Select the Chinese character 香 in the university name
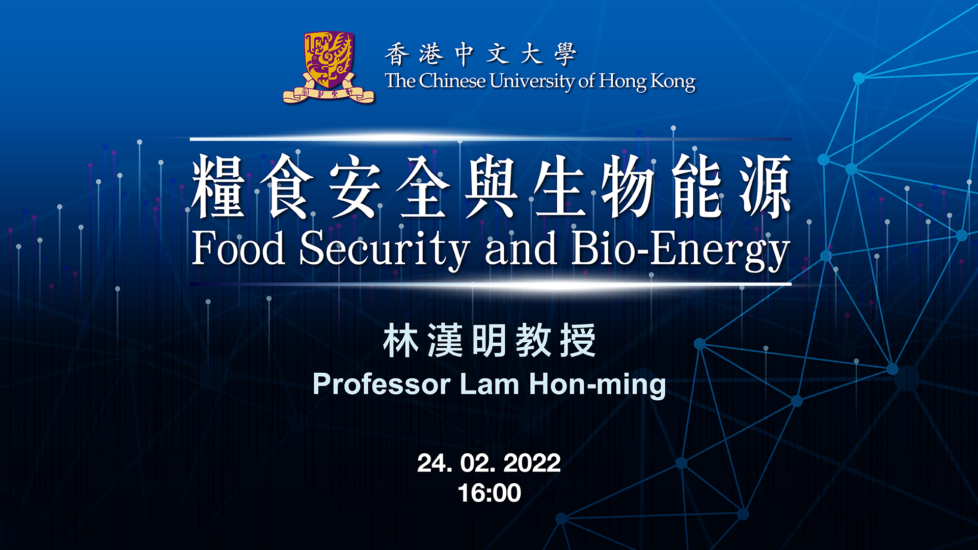coord(397,54)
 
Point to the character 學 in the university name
coord(565,54)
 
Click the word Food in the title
coord(238,248)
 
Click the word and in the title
coord(521,248)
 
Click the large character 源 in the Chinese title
coord(766,186)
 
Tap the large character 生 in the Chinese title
coord(559,186)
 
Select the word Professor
coord(382,384)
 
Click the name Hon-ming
coord(597,385)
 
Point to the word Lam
coord(490,384)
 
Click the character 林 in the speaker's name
coord(401,340)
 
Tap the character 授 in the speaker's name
coord(578,340)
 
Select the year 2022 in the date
coord(532,463)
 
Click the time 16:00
coord(490,493)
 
